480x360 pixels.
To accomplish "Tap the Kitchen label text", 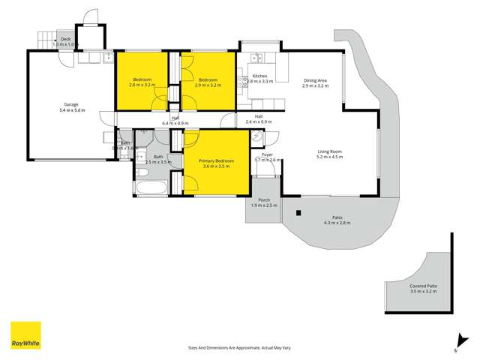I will [x=259, y=76].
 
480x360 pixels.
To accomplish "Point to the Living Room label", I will [x=329, y=152].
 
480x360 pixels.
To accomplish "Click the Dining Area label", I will [x=315, y=81].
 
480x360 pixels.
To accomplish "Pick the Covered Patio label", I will [x=423, y=286].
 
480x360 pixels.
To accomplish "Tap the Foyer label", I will [x=267, y=155].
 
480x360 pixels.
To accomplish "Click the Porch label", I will [x=264, y=200].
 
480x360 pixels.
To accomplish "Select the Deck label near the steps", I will [x=65, y=39].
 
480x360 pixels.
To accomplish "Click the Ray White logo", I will [x=25, y=335].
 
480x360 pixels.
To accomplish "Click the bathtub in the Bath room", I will [x=152, y=187].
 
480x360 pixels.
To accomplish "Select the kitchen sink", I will [x=256, y=56].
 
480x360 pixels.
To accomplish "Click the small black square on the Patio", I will [x=298, y=213].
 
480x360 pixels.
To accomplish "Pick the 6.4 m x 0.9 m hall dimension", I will [x=175, y=123].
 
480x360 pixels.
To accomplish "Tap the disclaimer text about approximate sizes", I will [x=239, y=347].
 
